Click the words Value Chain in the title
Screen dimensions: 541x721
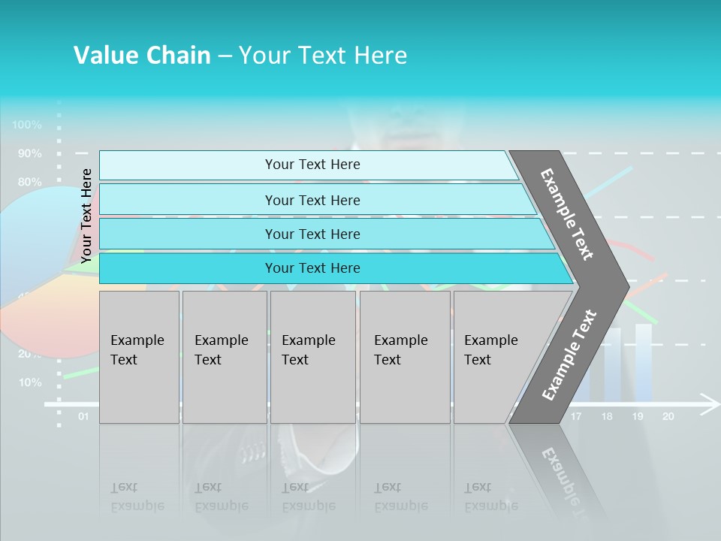tap(142, 56)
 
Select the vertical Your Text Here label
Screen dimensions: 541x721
tap(86, 216)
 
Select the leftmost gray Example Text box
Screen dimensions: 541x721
tap(139, 357)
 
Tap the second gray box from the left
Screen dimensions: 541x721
tap(225, 357)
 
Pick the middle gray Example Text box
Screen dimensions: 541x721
tap(312, 357)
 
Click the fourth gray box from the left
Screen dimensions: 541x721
tap(405, 357)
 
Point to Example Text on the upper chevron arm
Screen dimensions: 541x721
tap(567, 214)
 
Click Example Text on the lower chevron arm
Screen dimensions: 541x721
tap(569, 355)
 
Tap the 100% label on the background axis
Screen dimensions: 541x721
tap(27, 125)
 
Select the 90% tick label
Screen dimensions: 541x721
tap(30, 153)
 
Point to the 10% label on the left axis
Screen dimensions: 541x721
tap(30, 382)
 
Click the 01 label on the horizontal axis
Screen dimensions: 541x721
tap(83, 416)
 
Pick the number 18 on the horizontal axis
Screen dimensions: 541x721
tap(607, 416)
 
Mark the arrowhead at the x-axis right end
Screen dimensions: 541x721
tap(710, 403)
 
